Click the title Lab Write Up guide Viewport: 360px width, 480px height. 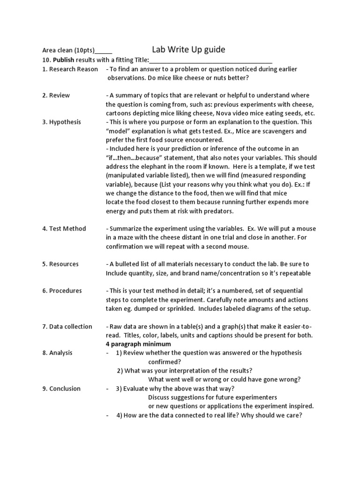188,49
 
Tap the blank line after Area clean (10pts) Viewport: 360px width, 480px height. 104,52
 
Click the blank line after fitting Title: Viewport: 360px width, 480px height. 210,60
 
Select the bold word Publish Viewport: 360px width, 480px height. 63,60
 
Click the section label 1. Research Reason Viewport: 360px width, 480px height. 70,69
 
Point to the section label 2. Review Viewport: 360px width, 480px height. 56,95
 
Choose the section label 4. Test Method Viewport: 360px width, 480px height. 64,228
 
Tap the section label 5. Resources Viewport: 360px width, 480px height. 60,264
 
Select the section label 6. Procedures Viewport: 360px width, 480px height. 62,291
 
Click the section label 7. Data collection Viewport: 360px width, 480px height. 67,326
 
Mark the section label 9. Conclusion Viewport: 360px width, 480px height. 61,389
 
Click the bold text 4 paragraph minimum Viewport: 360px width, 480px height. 133,344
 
